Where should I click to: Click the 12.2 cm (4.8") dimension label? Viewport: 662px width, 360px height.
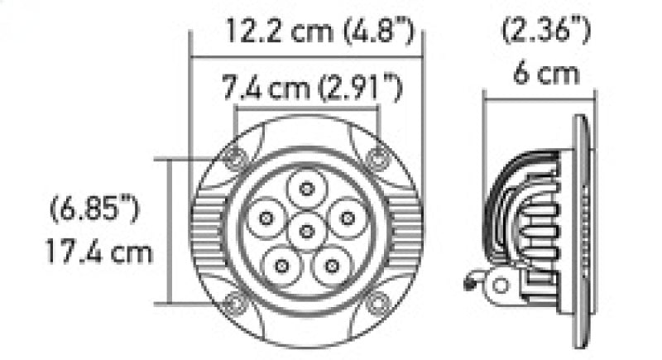319,34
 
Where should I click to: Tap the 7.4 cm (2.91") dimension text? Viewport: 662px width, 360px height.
312,86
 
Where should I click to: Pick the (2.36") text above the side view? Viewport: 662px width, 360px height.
546,33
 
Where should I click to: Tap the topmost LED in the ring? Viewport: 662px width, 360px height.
307,189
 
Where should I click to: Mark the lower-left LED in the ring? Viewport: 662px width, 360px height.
282,266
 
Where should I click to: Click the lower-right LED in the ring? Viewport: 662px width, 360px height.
332,266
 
